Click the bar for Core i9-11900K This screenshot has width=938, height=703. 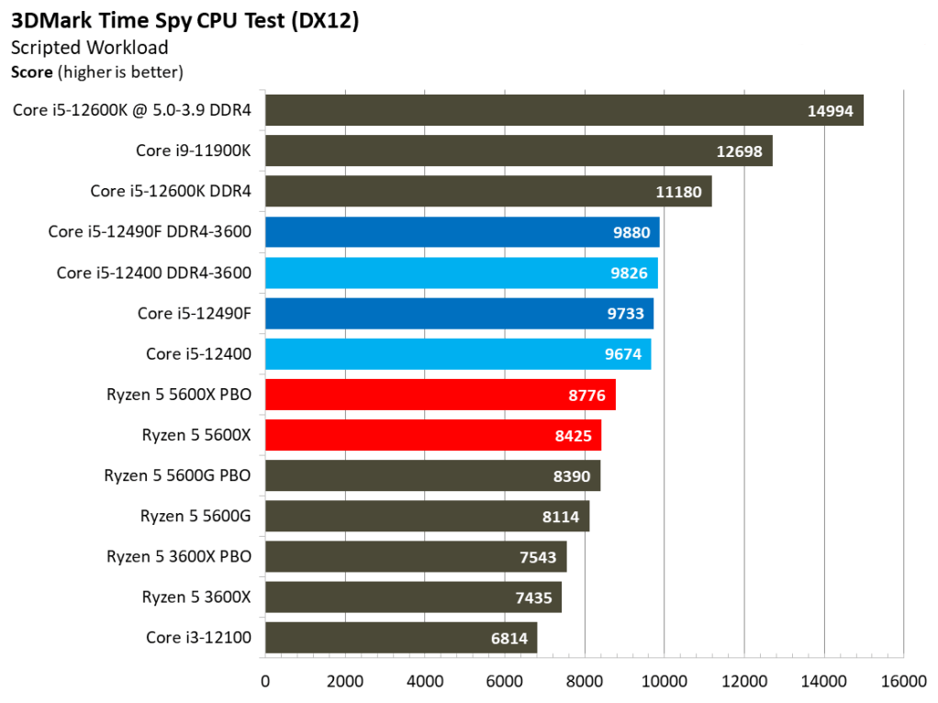[x=519, y=151]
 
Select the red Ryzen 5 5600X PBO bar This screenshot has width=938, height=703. [x=440, y=395]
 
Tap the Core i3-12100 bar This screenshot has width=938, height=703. [x=400, y=638]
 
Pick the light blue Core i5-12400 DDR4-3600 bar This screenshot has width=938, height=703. [x=461, y=273]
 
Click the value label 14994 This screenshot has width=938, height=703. [x=830, y=111]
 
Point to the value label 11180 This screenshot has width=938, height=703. [x=678, y=192]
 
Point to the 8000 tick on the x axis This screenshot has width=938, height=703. [x=585, y=681]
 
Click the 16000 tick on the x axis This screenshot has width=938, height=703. [x=903, y=681]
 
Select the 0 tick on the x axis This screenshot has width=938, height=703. [x=265, y=681]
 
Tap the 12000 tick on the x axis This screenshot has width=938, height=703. [x=743, y=681]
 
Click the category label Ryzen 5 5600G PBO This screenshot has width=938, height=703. [x=178, y=475]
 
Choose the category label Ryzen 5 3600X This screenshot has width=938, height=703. [x=196, y=597]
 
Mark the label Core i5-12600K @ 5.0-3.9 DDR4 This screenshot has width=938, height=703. [x=132, y=111]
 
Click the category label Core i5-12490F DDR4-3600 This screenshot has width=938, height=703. [x=150, y=232]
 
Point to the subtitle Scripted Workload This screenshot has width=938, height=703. [x=89, y=48]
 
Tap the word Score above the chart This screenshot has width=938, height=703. [x=31, y=71]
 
